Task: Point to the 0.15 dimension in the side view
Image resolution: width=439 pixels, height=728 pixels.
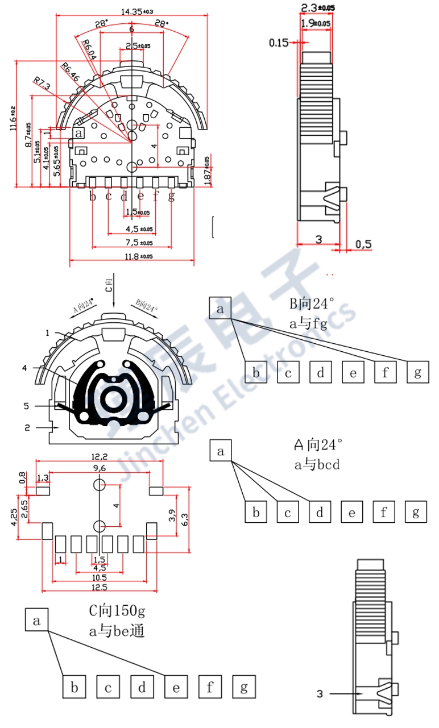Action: click(x=279, y=42)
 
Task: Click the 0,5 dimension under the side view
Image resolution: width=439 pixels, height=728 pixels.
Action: click(x=363, y=244)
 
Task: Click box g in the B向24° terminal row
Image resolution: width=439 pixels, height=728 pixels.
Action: click(x=418, y=373)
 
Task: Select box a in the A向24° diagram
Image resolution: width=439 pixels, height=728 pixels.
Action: click(x=221, y=451)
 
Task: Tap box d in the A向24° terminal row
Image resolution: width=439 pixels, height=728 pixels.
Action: click(x=320, y=513)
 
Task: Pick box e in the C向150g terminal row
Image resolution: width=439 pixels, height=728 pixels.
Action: click(x=176, y=688)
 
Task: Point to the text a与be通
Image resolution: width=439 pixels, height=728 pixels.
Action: click(x=117, y=630)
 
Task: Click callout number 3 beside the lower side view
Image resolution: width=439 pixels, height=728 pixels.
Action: click(x=320, y=693)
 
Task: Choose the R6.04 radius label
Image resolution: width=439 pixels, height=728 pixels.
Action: click(x=89, y=49)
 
